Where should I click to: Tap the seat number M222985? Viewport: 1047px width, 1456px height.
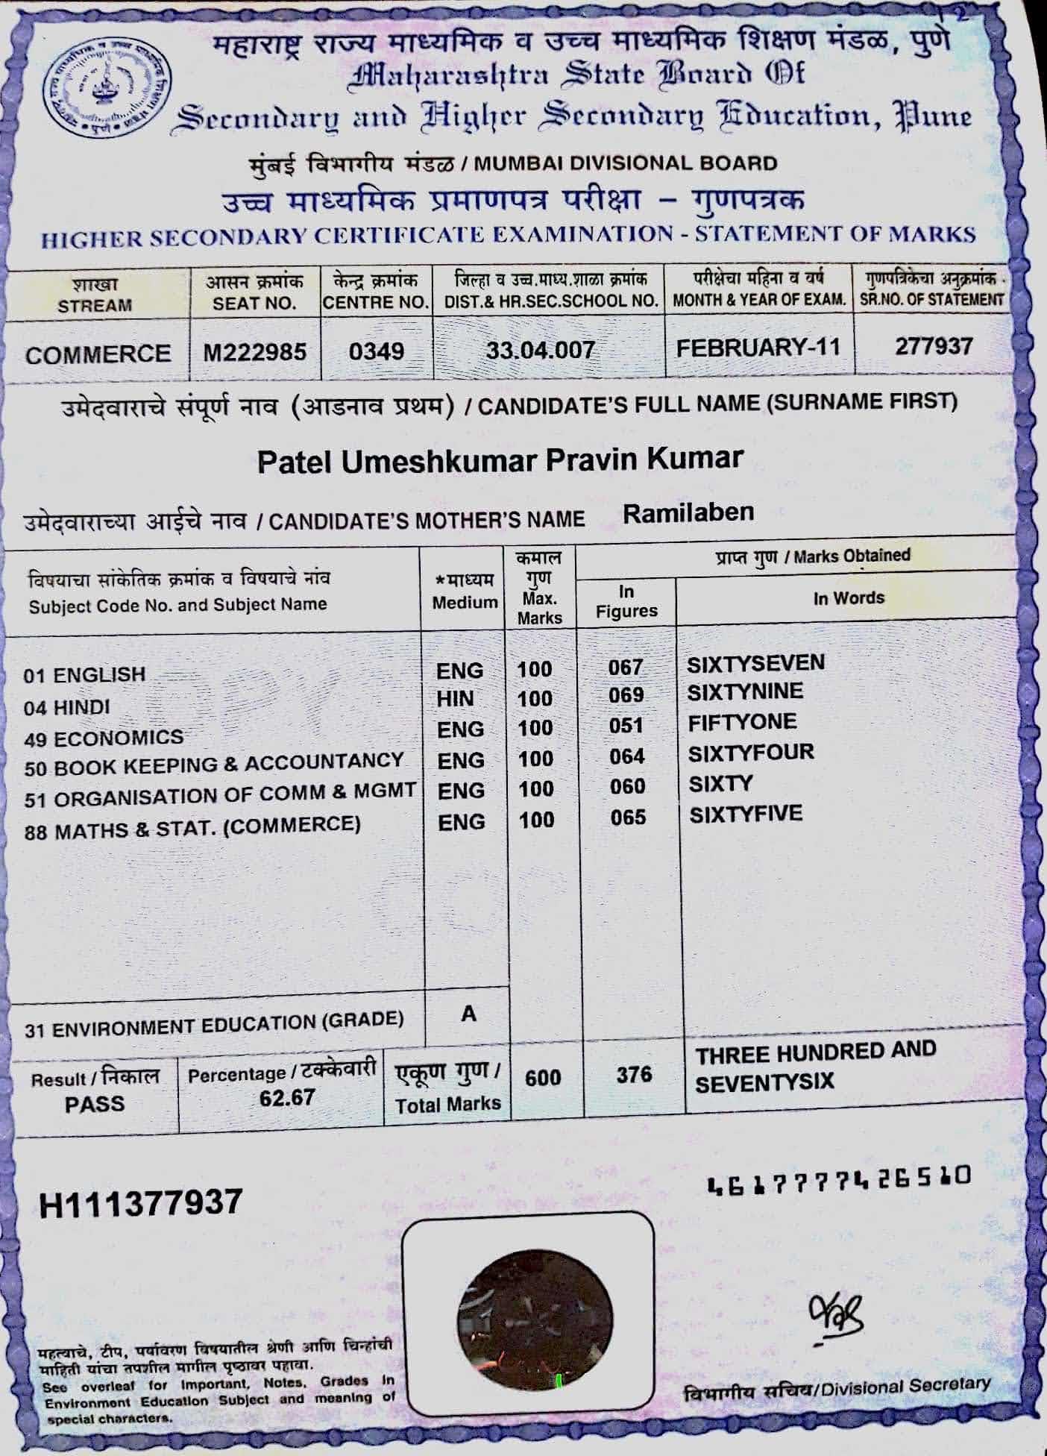[255, 351]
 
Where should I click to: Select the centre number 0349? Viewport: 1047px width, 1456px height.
[377, 351]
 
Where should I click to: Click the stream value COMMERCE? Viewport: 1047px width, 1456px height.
[98, 354]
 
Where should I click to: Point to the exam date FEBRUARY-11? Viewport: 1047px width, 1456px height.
[758, 348]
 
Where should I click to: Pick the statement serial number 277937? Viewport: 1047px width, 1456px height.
[934, 346]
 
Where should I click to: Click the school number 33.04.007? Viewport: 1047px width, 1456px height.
[541, 349]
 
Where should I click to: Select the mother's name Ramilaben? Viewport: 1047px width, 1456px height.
[688, 512]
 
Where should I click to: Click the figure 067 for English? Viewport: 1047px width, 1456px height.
[625, 667]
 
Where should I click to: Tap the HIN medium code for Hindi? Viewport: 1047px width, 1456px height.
[455, 699]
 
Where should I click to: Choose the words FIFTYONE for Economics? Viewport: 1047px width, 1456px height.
[742, 722]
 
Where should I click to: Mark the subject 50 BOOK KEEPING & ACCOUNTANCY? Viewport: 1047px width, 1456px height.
[214, 765]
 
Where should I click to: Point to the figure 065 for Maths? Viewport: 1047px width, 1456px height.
[628, 818]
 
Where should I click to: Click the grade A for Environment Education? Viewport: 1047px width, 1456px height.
[468, 1014]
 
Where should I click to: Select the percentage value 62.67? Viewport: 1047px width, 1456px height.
[287, 1097]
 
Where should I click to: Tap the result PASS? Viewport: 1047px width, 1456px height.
[95, 1104]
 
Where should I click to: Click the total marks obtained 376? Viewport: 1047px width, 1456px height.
[634, 1075]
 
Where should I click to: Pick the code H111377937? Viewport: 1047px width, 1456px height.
[141, 1203]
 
